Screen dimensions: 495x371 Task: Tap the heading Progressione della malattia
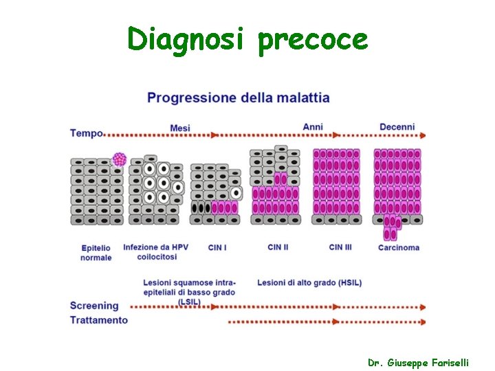click(239, 98)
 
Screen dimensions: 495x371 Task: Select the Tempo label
click(86, 133)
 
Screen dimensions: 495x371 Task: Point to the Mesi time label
click(180, 128)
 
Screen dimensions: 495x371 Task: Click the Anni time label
click(313, 127)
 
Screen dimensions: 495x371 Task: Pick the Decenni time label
click(397, 127)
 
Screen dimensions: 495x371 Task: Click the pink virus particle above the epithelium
click(120, 159)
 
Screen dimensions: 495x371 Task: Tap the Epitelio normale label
click(96, 252)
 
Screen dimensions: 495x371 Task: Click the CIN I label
click(217, 247)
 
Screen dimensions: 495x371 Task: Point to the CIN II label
click(278, 247)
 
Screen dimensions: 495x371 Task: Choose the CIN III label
click(340, 247)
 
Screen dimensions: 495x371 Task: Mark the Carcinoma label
click(399, 247)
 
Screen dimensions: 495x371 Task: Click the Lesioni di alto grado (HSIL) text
click(309, 282)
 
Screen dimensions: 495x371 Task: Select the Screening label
click(94, 306)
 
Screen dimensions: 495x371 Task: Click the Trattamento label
click(99, 320)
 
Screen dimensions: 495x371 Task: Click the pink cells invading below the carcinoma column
click(391, 228)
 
